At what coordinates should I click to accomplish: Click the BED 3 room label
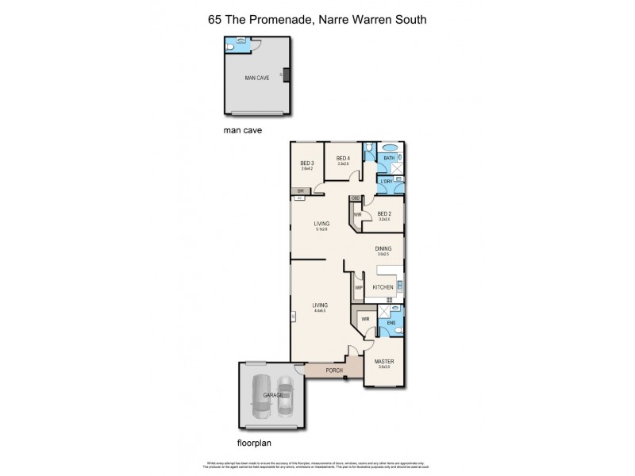(x=306, y=163)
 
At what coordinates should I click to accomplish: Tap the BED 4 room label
(x=343, y=158)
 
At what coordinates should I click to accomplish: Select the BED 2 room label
(x=384, y=213)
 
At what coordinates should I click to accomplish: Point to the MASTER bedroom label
(x=384, y=362)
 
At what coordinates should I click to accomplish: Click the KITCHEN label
(x=383, y=286)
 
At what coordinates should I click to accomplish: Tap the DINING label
(x=383, y=249)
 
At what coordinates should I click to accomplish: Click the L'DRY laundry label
(x=388, y=182)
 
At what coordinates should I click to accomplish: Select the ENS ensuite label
(x=391, y=324)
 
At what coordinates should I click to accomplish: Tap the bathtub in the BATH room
(x=390, y=148)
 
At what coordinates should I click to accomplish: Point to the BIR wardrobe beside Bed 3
(x=301, y=191)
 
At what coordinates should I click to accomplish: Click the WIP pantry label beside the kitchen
(x=359, y=287)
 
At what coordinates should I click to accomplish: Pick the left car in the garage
(x=263, y=397)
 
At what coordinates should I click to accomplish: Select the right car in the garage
(x=285, y=397)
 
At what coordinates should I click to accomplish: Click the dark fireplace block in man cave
(x=287, y=75)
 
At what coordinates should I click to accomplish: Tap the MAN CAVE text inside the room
(x=256, y=77)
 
